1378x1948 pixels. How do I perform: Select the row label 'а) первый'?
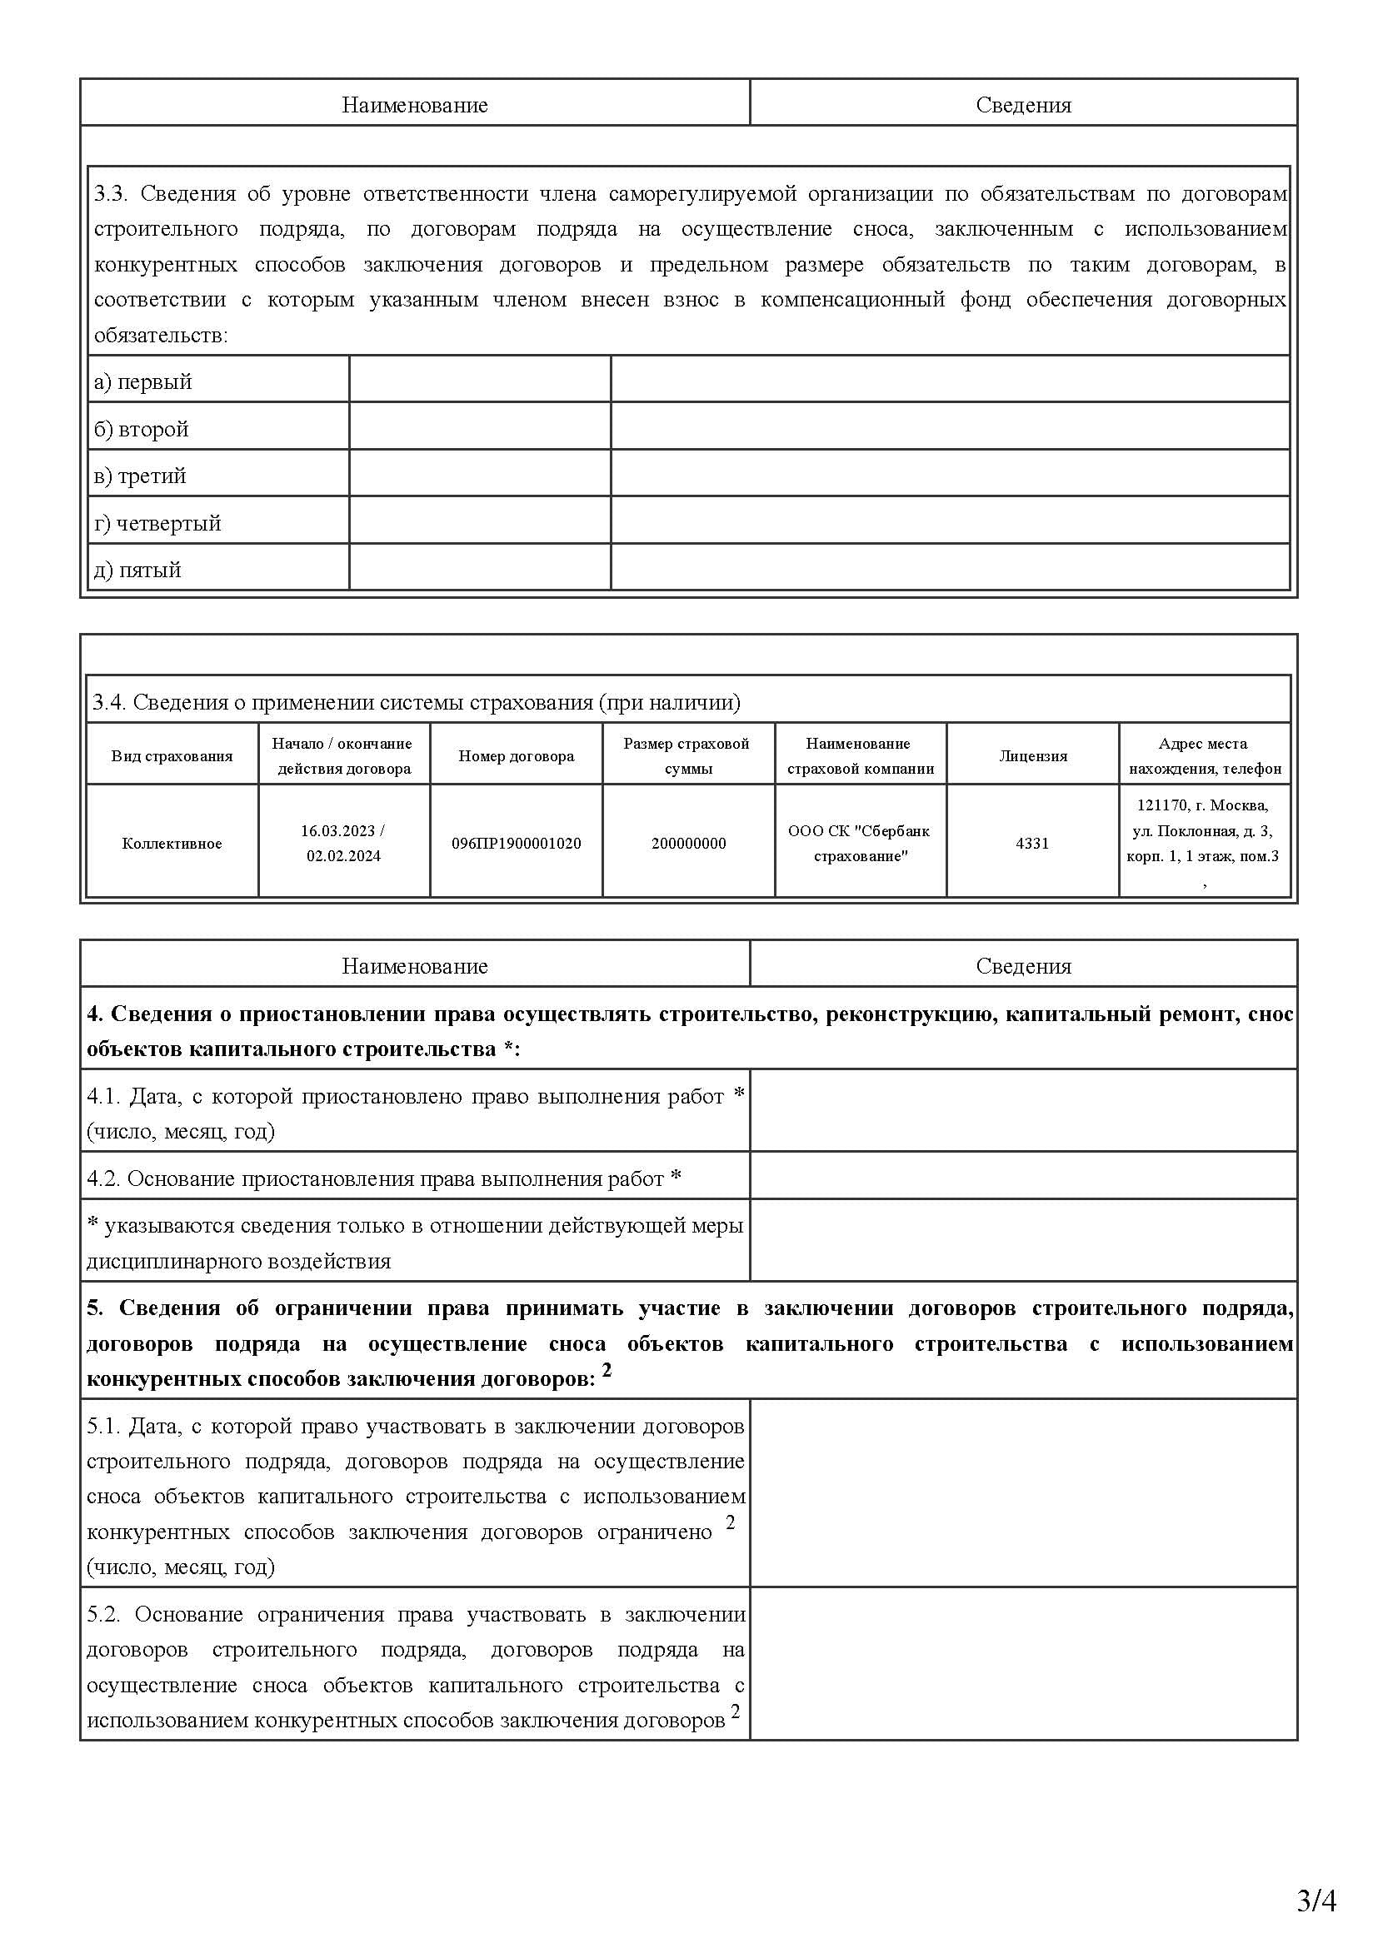[x=142, y=381]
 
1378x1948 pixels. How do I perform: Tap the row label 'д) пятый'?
[x=137, y=570]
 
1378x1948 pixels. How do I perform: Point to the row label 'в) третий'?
[x=140, y=476]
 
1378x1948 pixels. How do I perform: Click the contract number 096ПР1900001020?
[x=516, y=844]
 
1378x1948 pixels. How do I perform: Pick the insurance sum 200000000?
[x=688, y=844]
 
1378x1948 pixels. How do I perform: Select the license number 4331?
[x=1031, y=844]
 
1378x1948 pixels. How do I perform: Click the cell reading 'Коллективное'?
[x=172, y=844]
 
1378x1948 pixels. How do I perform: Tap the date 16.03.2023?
[x=337, y=830]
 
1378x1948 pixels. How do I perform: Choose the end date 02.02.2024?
[x=343, y=856]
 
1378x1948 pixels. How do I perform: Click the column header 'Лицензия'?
[x=1031, y=756]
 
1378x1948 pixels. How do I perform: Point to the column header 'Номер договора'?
[x=516, y=756]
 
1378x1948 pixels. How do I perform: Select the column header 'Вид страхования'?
[x=172, y=756]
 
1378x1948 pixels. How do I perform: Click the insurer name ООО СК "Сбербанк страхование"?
[x=860, y=844]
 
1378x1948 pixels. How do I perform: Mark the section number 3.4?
[x=108, y=703]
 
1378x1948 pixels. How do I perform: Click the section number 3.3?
[x=110, y=194]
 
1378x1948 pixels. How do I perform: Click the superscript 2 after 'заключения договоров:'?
[x=606, y=1370]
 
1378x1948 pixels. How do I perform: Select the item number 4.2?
[x=102, y=1178]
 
